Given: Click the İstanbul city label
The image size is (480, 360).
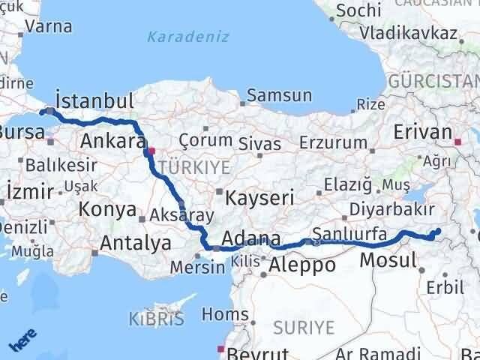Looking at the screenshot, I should (95, 101).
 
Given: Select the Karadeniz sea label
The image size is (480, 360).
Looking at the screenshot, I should (177, 36).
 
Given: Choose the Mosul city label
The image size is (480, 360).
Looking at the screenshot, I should (388, 260).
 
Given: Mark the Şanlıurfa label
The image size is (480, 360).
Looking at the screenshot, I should (349, 234).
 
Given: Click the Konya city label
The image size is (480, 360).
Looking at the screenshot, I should (106, 210).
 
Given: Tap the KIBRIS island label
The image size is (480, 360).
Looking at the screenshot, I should (156, 318).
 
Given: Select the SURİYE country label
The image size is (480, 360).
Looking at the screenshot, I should (304, 326).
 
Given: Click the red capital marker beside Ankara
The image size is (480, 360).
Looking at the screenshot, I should (151, 150).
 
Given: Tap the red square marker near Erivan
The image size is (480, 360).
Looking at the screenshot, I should (458, 139).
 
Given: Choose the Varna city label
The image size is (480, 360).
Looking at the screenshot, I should (48, 26).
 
